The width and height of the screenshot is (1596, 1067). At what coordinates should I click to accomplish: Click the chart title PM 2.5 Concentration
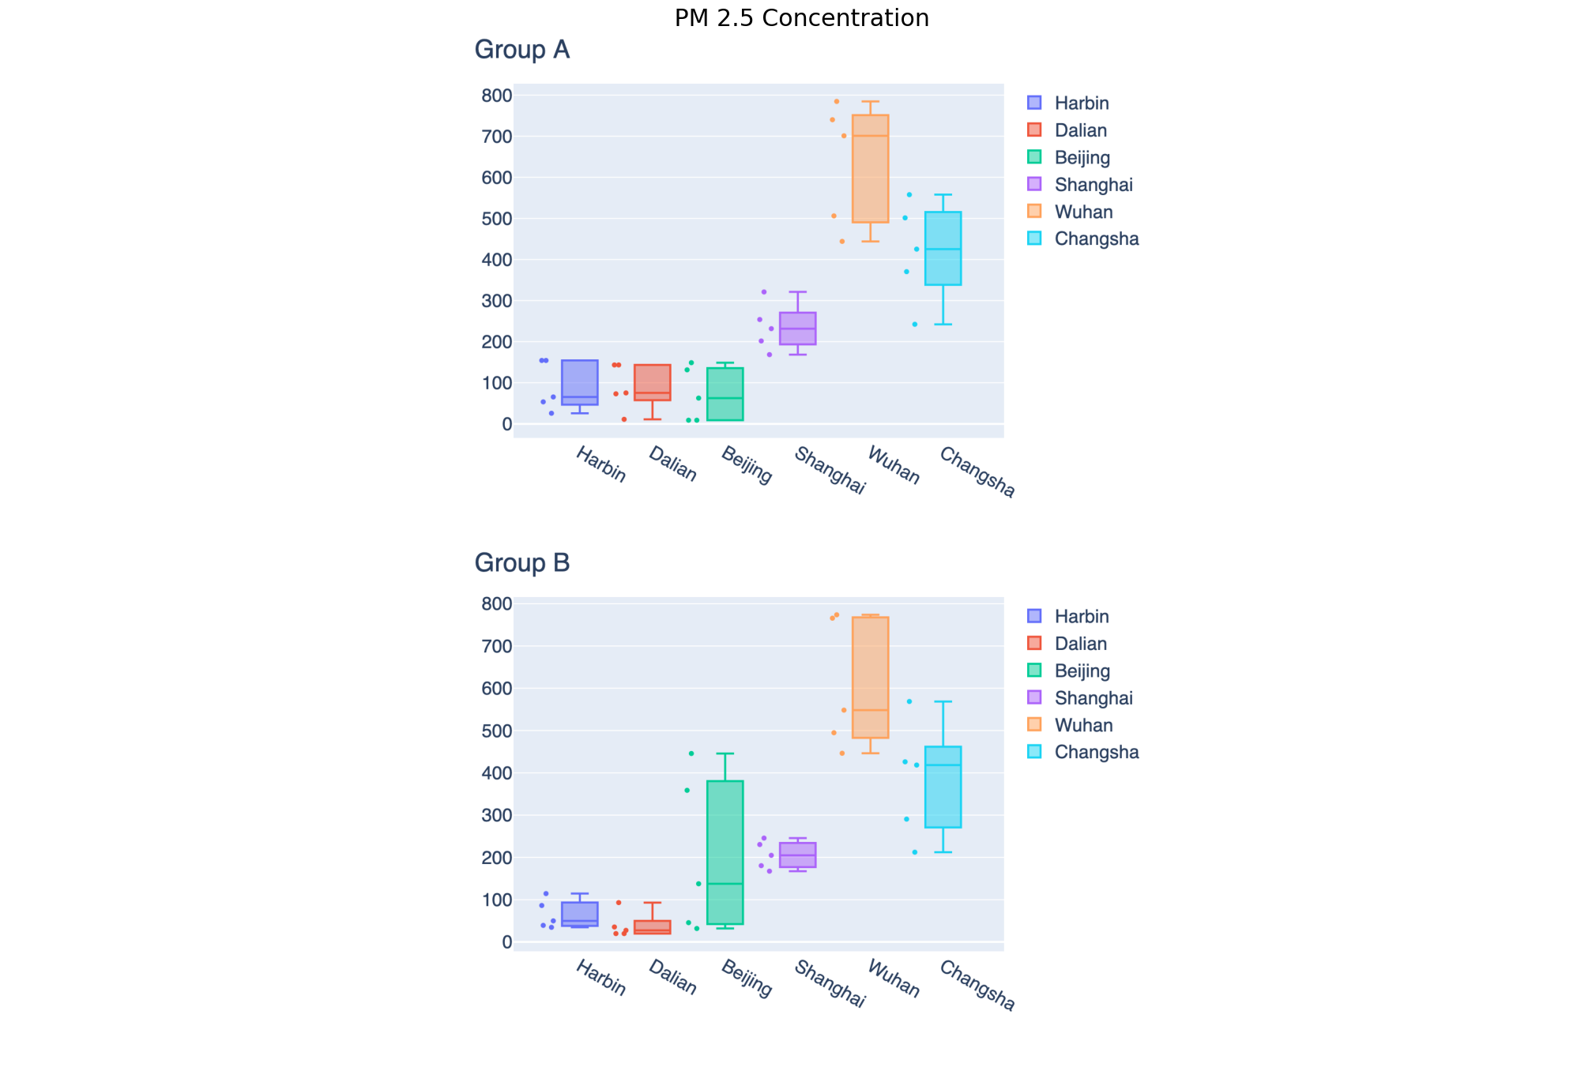[801, 18]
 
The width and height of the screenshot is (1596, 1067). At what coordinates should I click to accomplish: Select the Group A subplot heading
[521, 50]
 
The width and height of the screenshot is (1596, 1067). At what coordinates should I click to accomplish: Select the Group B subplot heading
[521, 563]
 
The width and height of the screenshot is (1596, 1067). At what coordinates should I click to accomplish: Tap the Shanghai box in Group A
[797, 329]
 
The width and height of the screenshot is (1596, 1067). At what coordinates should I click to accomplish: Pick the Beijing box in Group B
[725, 852]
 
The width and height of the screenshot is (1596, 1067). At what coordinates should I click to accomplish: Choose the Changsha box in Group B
[943, 787]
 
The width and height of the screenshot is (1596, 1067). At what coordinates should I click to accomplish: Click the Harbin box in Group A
[579, 382]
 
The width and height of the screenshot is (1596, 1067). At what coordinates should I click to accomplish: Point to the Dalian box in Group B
[652, 927]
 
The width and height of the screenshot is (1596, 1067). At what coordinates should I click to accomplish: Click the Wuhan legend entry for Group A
[1082, 212]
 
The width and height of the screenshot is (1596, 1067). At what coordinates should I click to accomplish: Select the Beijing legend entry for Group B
[1082, 671]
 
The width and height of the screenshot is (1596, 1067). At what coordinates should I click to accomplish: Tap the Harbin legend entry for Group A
[1081, 103]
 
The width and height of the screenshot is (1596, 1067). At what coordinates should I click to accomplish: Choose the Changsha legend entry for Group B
[1096, 752]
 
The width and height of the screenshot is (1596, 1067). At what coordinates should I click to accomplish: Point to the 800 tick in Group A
[497, 96]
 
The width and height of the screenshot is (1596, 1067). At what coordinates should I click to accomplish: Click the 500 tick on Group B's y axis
[497, 731]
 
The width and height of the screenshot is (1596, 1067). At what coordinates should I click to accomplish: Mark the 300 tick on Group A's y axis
[497, 301]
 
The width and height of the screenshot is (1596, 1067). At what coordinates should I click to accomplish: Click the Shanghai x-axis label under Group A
[830, 471]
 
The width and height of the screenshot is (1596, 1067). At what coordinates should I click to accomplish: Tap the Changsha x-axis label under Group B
[977, 985]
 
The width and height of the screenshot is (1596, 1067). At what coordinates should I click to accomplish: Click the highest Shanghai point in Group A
[763, 292]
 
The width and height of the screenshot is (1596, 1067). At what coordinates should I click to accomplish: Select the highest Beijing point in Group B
[691, 753]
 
